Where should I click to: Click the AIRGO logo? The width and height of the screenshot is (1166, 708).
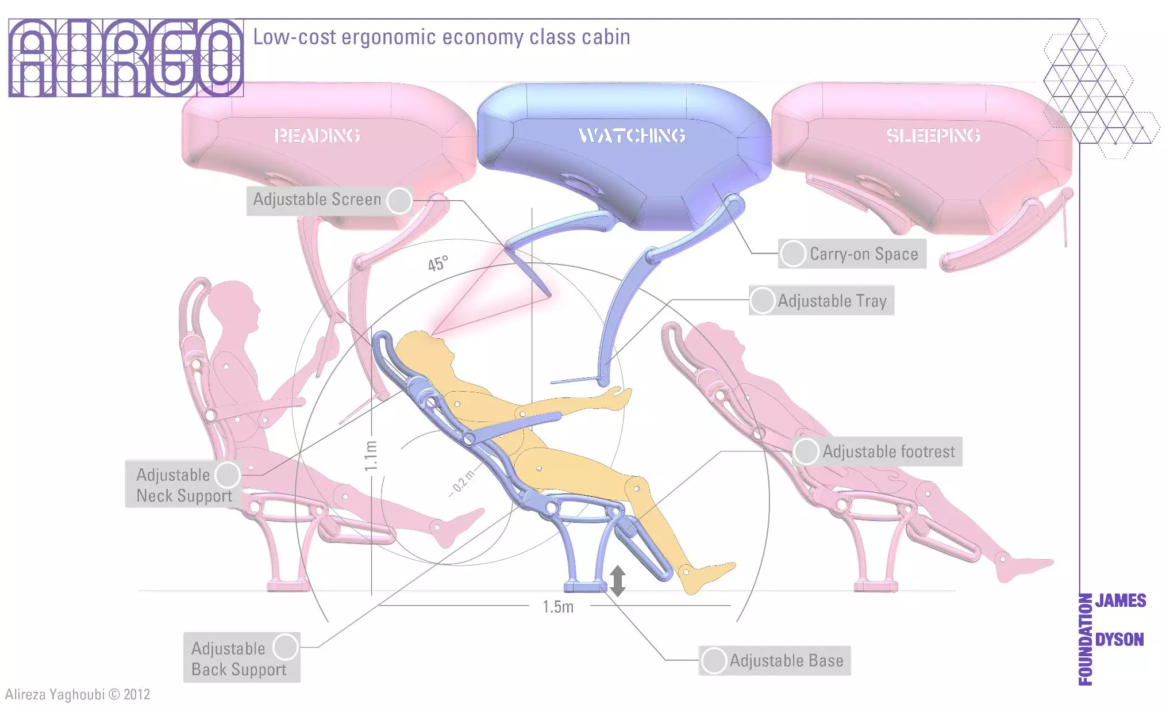pos(126,58)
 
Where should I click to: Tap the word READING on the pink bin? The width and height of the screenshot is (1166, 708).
pos(317,135)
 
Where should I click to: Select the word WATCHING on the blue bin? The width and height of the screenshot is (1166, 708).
pos(632,135)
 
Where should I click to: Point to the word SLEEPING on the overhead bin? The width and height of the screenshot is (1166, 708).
pos(933,135)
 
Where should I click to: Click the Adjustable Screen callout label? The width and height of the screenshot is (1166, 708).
pos(317,200)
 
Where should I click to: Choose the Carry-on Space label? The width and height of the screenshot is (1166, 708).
pos(863,254)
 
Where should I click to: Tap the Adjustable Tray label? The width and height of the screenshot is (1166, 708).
pos(832,301)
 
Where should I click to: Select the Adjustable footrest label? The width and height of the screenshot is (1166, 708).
pos(888,451)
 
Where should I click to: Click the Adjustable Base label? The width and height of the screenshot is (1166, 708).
pos(786,660)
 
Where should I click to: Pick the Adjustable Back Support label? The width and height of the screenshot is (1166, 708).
pos(238,659)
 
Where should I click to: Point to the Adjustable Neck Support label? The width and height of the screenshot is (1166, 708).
pos(184,485)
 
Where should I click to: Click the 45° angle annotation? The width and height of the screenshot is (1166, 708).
pos(437,263)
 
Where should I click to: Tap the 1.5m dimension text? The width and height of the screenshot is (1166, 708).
pos(558,607)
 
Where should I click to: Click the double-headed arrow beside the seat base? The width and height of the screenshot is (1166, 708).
pos(618,580)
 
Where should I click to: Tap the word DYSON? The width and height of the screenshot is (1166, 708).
pos(1119,640)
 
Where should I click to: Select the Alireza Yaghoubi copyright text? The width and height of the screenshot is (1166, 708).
pos(78,694)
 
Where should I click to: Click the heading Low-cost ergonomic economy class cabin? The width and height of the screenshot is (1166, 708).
pos(441,37)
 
